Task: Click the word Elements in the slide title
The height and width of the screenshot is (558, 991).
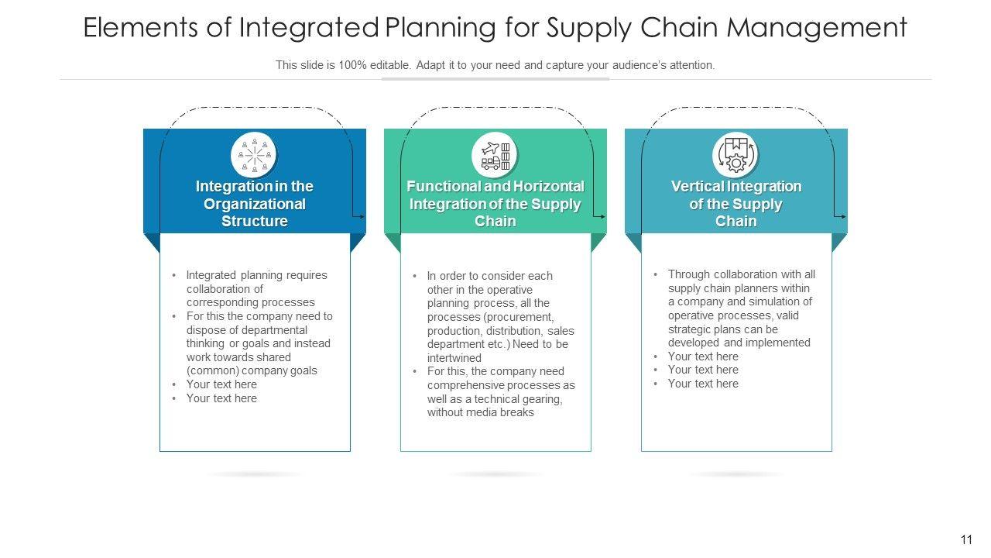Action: (140, 27)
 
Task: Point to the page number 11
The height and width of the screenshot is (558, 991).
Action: (966, 540)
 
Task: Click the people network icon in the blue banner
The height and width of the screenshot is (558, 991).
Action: (254, 155)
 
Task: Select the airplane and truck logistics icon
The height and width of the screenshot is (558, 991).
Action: (495, 155)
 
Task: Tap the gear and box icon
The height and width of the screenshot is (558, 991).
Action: (736, 155)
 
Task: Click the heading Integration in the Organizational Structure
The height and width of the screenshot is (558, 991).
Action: (255, 204)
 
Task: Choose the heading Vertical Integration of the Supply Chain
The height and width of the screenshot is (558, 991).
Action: (736, 204)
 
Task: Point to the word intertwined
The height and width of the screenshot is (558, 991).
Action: (454, 358)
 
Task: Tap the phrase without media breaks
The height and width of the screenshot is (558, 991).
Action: (481, 412)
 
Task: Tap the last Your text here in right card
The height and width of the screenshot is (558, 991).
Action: (703, 384)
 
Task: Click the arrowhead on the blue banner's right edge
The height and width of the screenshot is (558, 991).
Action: (362, 216)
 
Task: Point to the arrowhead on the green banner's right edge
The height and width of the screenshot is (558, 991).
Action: (602, 216)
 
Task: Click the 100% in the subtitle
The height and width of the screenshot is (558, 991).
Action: (352, 65)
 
